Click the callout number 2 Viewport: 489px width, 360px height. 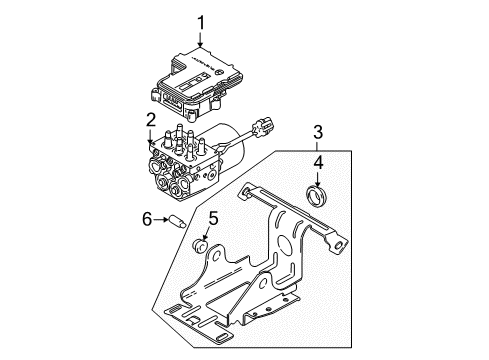(x=152, y=121)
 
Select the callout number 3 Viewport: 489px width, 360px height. (x=318, y=130)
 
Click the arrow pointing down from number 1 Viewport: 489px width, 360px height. (x=200, y=39)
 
